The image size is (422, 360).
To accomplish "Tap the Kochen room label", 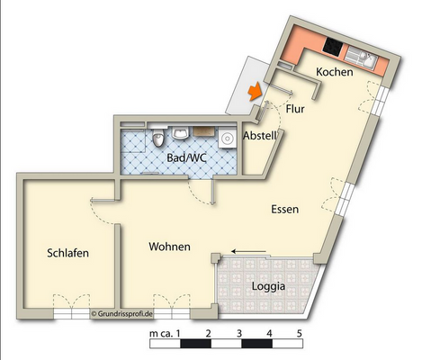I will pos(334,73).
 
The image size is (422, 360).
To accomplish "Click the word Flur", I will pos(295,109).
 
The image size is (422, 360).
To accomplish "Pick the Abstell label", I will pos(260,136).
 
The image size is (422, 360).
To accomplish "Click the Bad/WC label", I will pos(186,158).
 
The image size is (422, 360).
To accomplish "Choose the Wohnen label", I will pos(169,246).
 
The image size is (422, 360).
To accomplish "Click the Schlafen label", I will pos(67,253).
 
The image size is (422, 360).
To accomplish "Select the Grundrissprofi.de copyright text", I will pos(122,314).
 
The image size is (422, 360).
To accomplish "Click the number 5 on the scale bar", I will pos(300,333).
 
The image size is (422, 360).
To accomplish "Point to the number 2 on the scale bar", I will pos(208,333).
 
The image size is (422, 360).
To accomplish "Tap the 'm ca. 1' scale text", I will pos(166,333).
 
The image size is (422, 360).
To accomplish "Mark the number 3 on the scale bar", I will pos(238,333).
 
